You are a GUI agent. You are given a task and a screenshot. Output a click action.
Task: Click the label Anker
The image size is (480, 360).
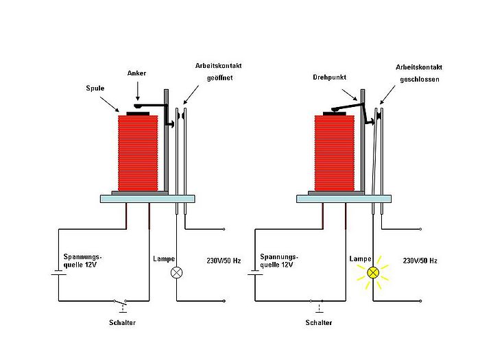click(136, 73)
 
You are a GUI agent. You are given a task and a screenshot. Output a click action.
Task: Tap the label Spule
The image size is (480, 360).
click(95, 88)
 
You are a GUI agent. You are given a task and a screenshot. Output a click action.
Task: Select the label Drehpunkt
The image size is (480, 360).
click(329, 77)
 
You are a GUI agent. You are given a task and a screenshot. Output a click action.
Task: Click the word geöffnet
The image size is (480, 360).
click(219, 77)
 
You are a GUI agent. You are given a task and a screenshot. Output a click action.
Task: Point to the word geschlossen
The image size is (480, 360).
click(420, 80)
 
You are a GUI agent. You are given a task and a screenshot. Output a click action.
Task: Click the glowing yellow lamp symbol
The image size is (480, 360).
click(373, 272)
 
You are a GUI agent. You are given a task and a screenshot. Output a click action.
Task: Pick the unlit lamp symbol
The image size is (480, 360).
click(177, 272)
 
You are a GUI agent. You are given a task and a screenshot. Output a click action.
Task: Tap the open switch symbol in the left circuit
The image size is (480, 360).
click(120, 305)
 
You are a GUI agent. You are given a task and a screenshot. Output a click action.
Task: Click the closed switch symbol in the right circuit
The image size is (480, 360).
click(317, 305)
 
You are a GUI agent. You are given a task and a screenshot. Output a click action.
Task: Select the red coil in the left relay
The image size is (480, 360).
click(138, 153)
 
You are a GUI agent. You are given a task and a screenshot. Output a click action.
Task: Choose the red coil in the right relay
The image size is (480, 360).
click(335, 153)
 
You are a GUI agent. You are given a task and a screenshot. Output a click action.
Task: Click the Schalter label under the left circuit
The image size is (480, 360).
click(122, 323)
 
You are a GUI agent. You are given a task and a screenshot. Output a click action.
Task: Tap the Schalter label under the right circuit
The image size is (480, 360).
click(319, 323)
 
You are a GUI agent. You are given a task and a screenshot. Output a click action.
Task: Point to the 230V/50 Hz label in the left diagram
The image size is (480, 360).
click(224, 261)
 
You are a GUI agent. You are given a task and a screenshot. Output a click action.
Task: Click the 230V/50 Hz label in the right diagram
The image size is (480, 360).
click(420, 261)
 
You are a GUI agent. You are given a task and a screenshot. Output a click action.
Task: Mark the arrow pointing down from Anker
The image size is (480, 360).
click(137, 91)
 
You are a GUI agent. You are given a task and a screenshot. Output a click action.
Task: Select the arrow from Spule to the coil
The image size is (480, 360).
click(110, 104)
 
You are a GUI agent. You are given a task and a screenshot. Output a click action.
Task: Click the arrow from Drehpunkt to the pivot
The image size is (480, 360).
click(350, 95)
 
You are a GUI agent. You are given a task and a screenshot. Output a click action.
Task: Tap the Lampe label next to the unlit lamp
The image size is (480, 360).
click(164, 259)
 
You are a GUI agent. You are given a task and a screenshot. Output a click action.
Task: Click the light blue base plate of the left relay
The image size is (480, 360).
click(147, 199)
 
